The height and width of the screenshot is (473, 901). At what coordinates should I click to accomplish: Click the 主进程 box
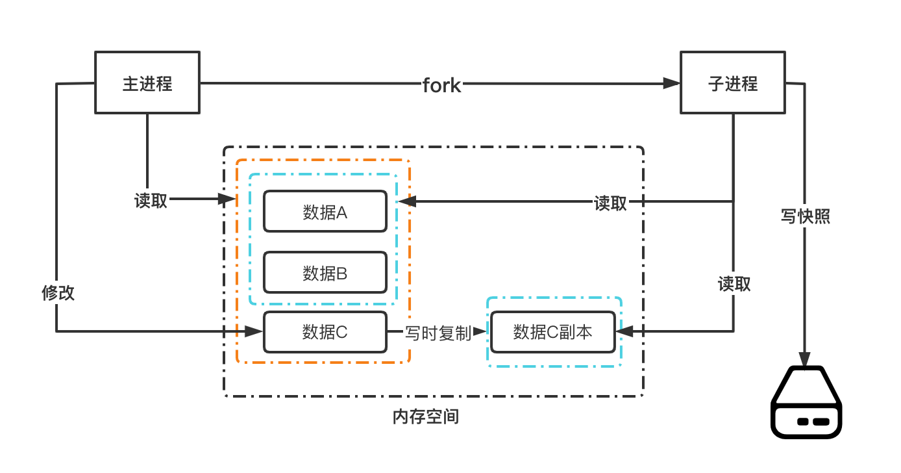(x=147, y=83)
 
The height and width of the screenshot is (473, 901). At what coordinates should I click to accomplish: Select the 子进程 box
(x=732, y=83)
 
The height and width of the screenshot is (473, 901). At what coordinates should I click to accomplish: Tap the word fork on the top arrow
(x=441, y=84)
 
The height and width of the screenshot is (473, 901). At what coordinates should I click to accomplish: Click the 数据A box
(x=325, y=211)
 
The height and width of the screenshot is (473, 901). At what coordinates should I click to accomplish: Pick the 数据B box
(x=325, y=272)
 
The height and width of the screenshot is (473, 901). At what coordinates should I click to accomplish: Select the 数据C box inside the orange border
(x=325, y=331)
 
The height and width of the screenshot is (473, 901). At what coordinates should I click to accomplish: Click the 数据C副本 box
(x=552, y=331)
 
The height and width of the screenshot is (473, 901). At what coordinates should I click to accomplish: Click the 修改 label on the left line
(x=58, y=292)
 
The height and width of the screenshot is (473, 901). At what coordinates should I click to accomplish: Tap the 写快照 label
(x=805, y=216)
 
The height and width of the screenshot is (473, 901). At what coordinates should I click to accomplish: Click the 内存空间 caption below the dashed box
(x=426, y=416)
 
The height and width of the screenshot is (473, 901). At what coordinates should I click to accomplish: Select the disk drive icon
(x=805, y=403)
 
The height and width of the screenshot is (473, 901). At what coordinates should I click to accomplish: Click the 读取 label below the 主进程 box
(x=151, y=201)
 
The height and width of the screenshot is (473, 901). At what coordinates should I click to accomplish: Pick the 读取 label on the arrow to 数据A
(x=610, y=203)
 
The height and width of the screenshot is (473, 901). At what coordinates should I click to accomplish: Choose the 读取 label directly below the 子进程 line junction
(x=734, y=283)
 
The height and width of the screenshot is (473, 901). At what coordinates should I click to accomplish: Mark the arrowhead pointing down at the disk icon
(x=805, y=359)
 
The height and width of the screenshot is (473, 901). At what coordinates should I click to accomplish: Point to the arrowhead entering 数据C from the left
(x=254, y=331)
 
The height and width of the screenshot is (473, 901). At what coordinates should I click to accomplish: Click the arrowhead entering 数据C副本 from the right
(x=623, y=331)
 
